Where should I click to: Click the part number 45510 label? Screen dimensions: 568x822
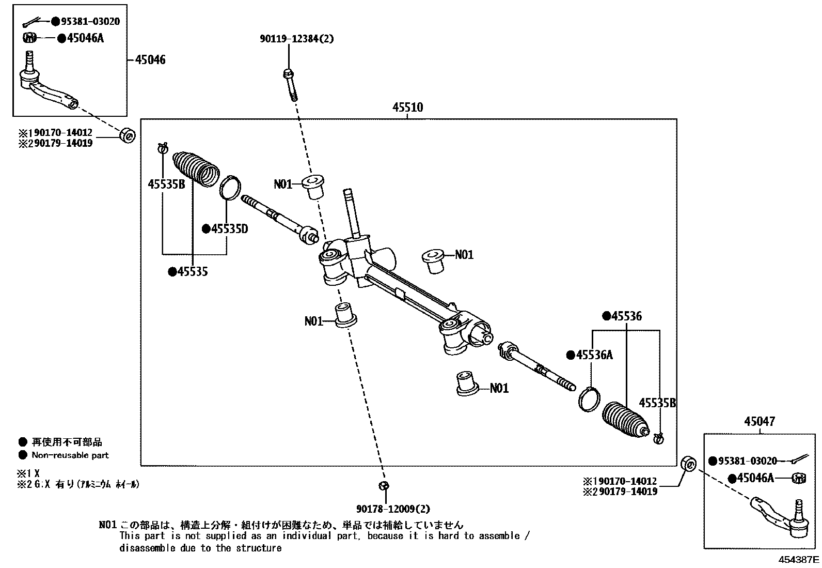point(407,108)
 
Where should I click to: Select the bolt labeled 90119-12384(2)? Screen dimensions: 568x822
point(290,83)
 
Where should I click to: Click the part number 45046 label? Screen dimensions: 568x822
point(150,60)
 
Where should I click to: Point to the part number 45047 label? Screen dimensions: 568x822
point(760,422)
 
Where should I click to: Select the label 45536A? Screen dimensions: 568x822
point(593,355)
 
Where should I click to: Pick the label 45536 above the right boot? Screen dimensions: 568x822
point(626,316)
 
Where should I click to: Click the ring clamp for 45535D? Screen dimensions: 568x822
point(231,187)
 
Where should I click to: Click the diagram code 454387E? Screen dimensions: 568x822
point(799,559)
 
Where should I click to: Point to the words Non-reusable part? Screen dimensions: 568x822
point(70,455)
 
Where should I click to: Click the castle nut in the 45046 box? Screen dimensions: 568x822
point(30,38)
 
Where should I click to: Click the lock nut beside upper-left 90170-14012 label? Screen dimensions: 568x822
point(127,135)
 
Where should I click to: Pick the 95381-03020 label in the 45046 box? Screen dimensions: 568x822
point(90,21)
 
